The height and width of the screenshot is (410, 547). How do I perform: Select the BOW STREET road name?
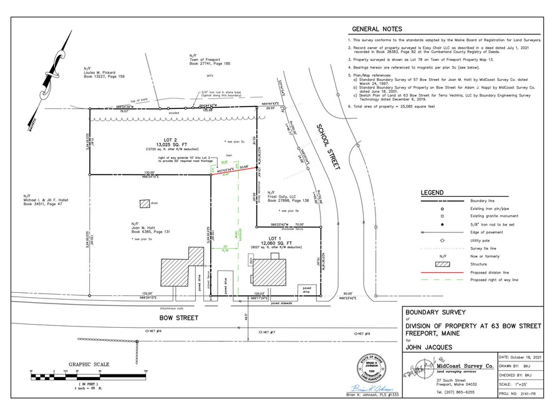coord(179,318)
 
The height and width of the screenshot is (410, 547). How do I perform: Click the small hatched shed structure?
coord(145,204)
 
